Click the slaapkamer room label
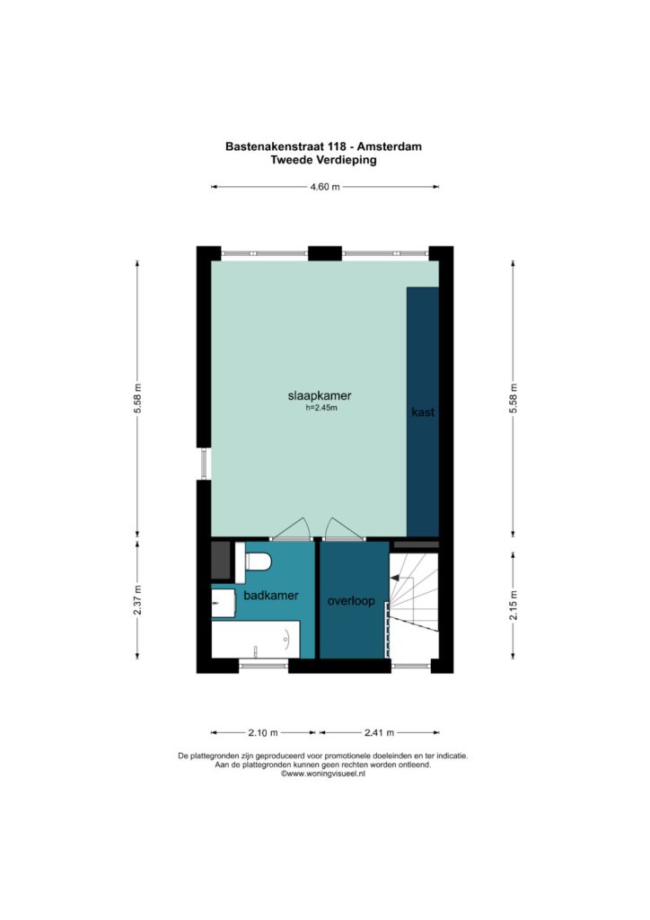tap(320, 395)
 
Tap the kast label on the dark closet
tap(423, 411)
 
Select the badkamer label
tap(271, 595)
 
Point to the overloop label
tap(350, 601)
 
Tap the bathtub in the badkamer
tap(256, 640)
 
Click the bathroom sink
tap(224, 603)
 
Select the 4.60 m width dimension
tap(325, 187)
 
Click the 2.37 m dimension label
tap(137, 599)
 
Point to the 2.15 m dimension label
tap(513, 605)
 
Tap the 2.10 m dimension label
tap(262, 732)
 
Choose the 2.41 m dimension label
tap(379, 732)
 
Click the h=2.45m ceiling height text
tap(321, 408)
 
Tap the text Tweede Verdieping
tap(323, 160)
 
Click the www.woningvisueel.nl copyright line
tap(323, 774)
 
